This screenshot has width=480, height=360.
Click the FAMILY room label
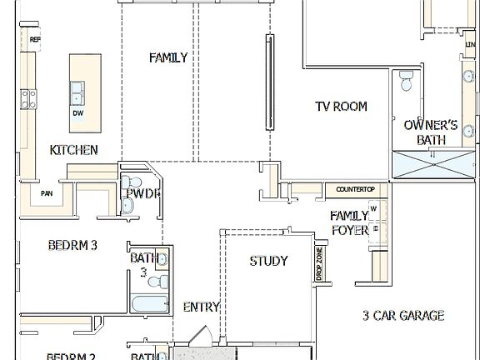point(167,57)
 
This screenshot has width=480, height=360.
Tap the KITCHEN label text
point(74,151)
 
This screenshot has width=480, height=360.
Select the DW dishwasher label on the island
point(77,112)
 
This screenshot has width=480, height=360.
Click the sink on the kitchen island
point(77,87)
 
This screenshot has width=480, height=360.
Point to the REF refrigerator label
point(35,39)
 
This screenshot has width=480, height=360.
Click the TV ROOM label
point(340,107)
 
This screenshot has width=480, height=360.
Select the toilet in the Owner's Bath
point(406,80)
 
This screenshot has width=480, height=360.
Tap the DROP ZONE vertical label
point(319,263)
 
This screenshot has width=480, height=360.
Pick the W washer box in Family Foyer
point(374,208)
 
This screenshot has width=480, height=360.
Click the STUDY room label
point(268,261)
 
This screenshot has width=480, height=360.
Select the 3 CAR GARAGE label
point(403,316)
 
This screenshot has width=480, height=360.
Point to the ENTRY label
point(201,307)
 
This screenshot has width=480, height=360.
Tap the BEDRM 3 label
point(72,245)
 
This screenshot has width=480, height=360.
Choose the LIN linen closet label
point(471,44)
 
